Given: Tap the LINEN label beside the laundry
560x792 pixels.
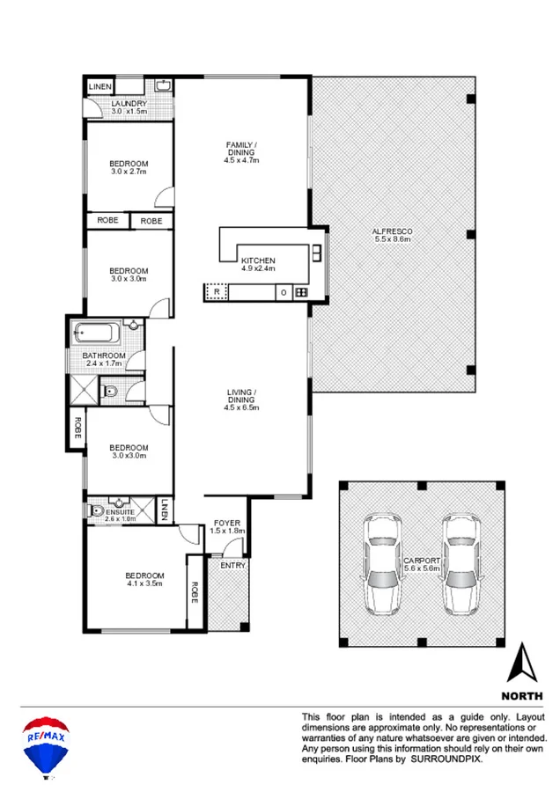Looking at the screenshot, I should click(x=99, y=87).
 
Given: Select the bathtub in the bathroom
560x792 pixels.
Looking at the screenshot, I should click(x=97, y=334).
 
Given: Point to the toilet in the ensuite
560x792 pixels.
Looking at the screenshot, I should click(x=97, y=510).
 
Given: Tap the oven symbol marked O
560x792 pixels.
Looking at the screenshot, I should click(x=284, y=291).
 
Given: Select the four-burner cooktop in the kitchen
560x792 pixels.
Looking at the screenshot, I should click(x=301, y=291).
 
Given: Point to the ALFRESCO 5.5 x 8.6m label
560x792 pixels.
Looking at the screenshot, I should click(x=393, y=236).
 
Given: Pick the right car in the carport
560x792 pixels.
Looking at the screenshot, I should click(x=463, y=563).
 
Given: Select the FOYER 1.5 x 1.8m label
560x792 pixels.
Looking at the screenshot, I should click(x=227, y=526).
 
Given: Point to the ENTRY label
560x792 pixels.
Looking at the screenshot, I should click(x=233, y=565).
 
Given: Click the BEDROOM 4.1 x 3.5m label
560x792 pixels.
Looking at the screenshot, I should click(x=144, y=582).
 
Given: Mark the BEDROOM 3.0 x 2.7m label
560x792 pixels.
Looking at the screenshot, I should click(x=129, y=167).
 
